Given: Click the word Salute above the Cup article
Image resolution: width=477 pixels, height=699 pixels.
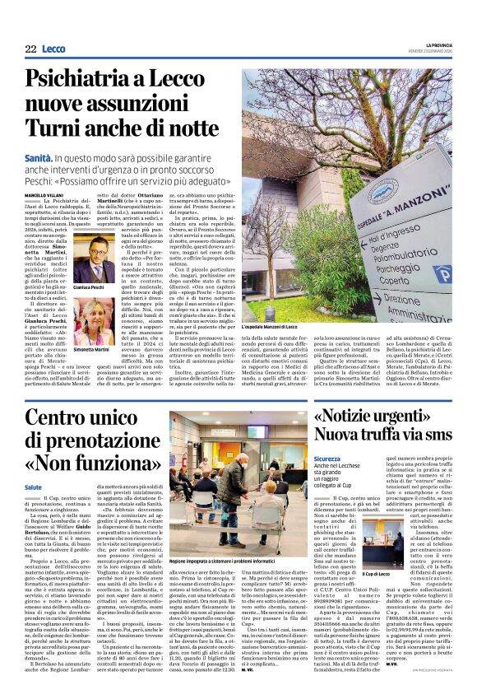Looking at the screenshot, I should pyautogui.click(x=34, y=487).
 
